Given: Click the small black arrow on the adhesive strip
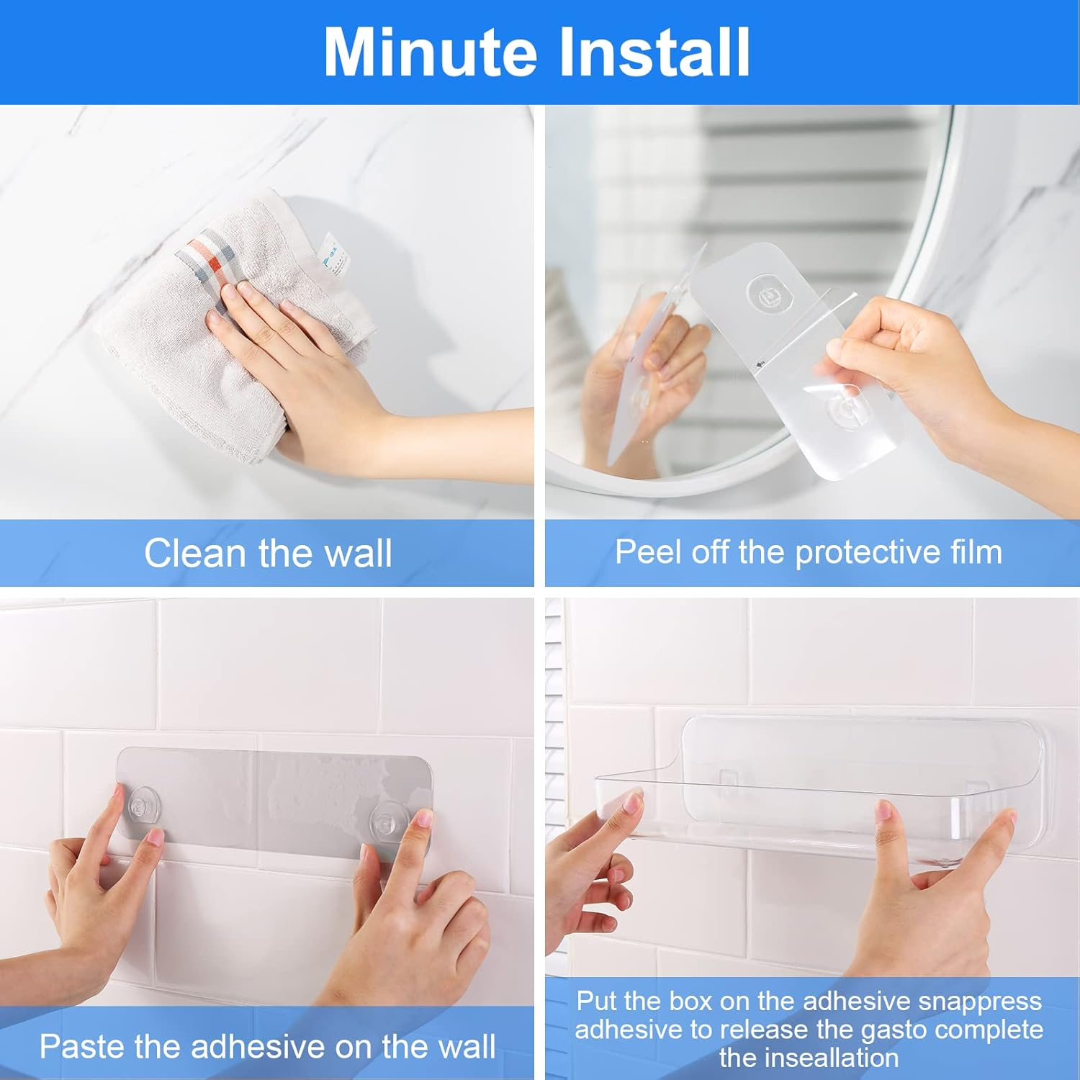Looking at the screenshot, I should click(760, 364).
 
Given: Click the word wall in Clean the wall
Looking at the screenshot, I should click(358, 553).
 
